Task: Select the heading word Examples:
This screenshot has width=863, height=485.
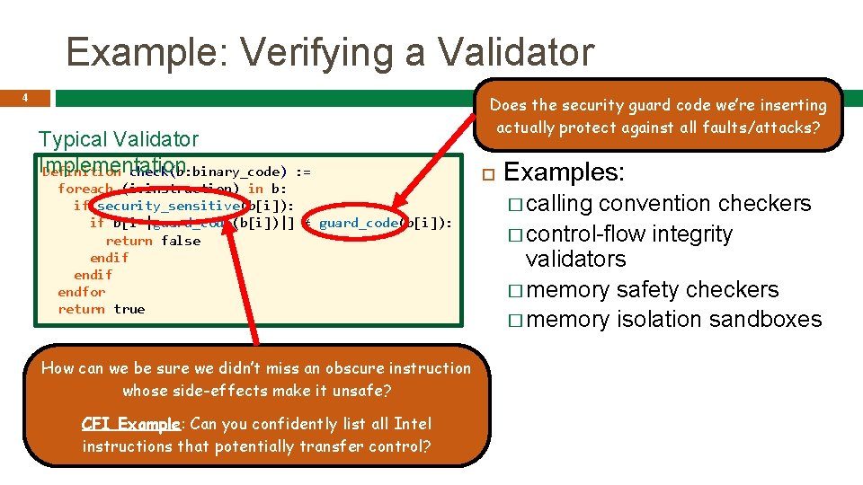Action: [x=564, y=172]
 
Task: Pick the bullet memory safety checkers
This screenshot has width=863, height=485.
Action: [x=652, y=290]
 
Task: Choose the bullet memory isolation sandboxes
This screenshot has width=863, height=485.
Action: [x=673, y=320]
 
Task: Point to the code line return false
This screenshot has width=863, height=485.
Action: [x=153, y=241]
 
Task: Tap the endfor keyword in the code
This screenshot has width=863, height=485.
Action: [x=81, y=292]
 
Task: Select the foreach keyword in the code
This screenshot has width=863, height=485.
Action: [x=85, y=189]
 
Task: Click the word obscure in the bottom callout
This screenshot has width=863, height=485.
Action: [x=336, y=368]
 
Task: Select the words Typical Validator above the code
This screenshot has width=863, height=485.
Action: [x=118, y=139]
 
